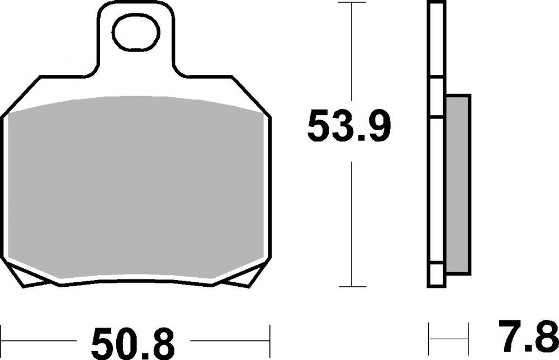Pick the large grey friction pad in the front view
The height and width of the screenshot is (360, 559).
point(136,190)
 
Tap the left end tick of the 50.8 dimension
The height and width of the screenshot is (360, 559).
point(2,340)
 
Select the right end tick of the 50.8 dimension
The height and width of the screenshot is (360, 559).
point(270,340)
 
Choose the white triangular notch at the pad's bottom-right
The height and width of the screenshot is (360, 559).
point(246,278)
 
